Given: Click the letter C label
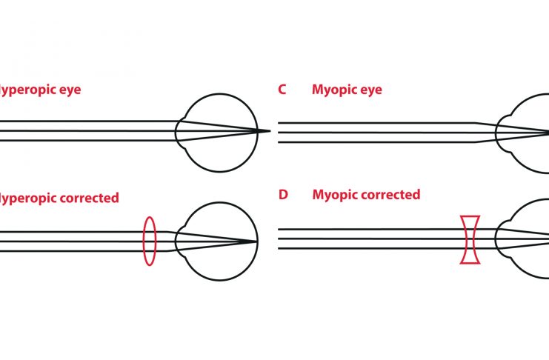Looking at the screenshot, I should [x=282, y=90].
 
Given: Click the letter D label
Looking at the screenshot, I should [x=282, y=196].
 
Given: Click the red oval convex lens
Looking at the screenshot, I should [x=149, y=241].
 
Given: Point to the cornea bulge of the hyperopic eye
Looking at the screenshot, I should [x=179, y=131].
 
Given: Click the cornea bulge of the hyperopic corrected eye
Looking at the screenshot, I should [x=179, y=241].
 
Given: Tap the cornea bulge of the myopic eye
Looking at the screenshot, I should [x=500, y=131].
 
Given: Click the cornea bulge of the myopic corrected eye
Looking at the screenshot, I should [x=500, y=239].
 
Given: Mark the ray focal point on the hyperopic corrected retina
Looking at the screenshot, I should [x=256, y=241].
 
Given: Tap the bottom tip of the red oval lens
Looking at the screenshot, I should [x=149, y=265].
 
